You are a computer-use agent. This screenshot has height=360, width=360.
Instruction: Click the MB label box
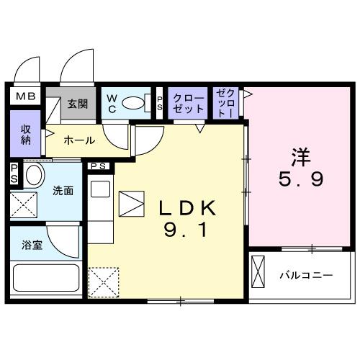(x=27, y=96)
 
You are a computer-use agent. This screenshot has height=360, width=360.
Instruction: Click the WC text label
(x=113, y=103)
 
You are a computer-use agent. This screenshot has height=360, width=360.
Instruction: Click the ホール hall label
(x=78, y=140)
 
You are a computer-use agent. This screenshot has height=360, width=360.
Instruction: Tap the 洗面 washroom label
(x=63, y=191)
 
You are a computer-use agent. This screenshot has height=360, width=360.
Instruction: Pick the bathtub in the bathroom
(x=45, y=279)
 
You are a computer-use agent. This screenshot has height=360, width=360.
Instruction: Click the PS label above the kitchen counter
(x=99, y=166)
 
